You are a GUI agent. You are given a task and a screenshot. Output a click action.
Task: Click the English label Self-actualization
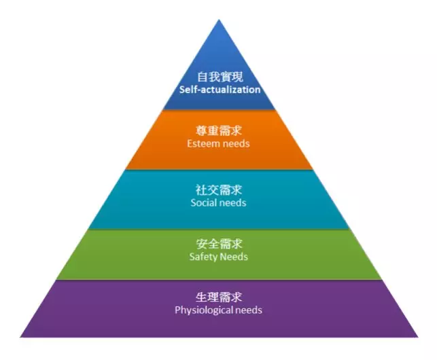coord(219,90)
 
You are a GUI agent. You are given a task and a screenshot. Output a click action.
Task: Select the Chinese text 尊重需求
coord(219,131)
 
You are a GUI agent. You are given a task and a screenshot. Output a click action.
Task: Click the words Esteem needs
coord(219,144)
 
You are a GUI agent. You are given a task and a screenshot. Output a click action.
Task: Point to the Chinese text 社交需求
coord(219,190)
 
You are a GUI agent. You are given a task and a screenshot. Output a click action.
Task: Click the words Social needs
coord(219,203)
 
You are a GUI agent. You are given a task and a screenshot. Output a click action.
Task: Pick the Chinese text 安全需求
coord(219,244)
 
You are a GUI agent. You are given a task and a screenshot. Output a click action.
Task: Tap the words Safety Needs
coord(219,257)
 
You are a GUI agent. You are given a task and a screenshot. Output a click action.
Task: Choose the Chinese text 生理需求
coord(219,298)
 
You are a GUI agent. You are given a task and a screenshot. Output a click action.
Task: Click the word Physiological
coord(205,310)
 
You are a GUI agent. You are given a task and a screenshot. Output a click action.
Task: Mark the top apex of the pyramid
coord(219,20)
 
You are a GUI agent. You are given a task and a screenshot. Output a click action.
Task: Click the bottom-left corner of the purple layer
coord(21,336)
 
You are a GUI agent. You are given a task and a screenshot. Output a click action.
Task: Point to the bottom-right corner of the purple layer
coord(417,336)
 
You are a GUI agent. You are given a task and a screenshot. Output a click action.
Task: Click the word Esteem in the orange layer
coord(203,144)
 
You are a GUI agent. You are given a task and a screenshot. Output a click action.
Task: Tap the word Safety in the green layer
coord(203,257)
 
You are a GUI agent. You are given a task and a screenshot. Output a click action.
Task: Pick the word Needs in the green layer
coord(234,257)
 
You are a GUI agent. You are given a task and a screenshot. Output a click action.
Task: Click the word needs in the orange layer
coord(236,144)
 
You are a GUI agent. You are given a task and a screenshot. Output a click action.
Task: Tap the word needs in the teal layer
coord(233,203)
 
